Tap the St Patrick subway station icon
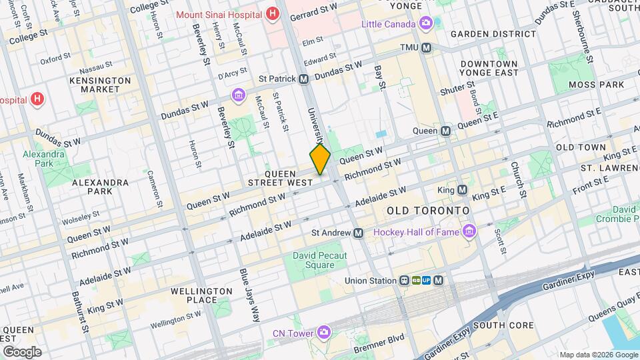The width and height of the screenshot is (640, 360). click(x=303, y=79)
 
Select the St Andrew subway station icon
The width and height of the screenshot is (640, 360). click(x=359, y=233)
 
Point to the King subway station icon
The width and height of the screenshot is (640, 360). click(x=461, y=190)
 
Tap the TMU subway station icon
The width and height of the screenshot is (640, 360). click(x=427, y=48)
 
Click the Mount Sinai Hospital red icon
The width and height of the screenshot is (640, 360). click(x=271, y=13)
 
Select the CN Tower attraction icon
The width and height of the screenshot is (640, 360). click(x=324, y=332)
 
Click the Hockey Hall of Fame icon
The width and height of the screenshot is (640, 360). click(x=470, y=231)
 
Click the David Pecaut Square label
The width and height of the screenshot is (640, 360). click(x=313, y=260)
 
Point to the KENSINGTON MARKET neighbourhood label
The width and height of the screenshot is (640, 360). click(x=100, y=85)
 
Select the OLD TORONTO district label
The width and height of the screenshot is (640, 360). click(x=428, y=210)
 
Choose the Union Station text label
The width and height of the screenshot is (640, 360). click(x=370, y=281)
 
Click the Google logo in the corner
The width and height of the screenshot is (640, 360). click(x=22, y=351)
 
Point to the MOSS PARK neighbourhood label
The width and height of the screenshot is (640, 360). click(x=595, y=85)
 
